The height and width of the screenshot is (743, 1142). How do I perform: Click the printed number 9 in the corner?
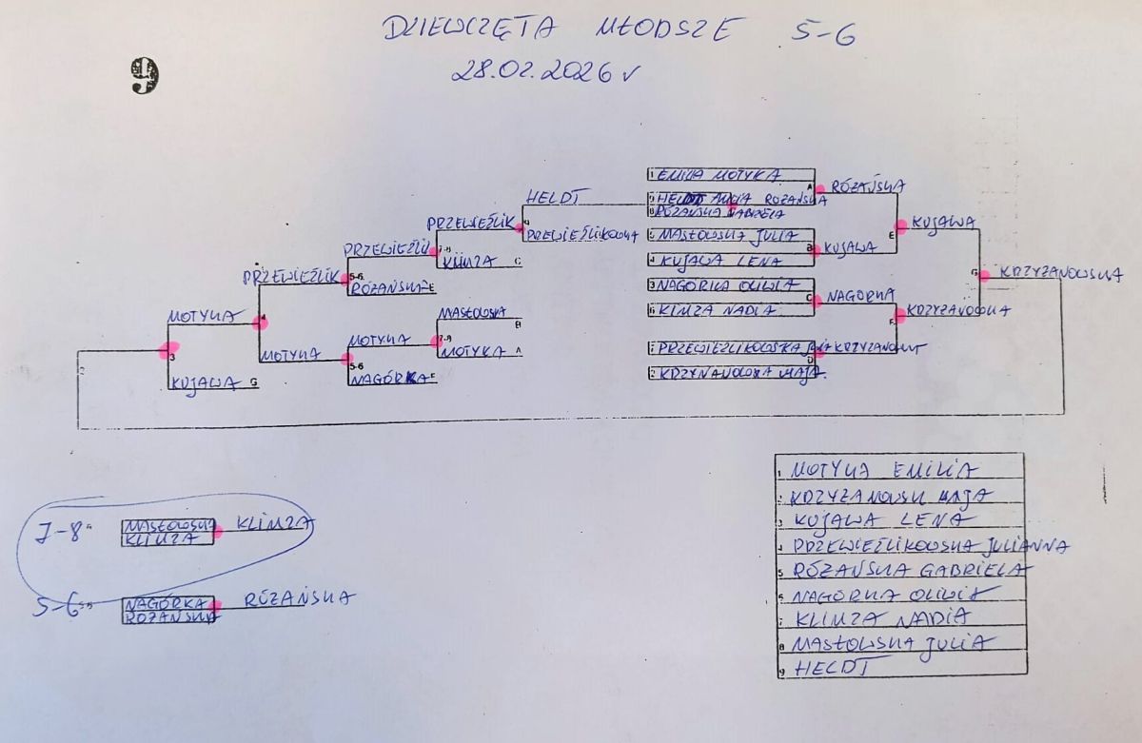point(144,76)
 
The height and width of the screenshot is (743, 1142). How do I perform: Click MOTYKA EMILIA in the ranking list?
point(885,469)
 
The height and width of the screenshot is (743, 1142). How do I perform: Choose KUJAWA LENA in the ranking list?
point(880,520)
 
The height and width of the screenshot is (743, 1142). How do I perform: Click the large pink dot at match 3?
point(168,350)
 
